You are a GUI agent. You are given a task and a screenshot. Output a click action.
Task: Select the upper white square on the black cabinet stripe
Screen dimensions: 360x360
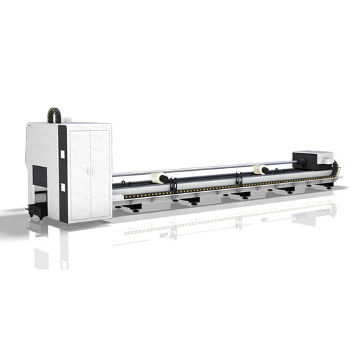[x=61, y=153]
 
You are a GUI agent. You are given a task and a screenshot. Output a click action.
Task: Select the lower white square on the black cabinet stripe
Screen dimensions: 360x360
[x=61, y=187]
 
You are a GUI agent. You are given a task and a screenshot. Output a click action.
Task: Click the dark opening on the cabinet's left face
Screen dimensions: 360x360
[x=41, y=177]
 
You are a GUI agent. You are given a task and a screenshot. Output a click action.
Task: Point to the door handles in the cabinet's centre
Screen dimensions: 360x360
[x=89, y=166]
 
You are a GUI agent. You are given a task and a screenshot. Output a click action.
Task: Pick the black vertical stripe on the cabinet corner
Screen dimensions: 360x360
[x=62, y=173]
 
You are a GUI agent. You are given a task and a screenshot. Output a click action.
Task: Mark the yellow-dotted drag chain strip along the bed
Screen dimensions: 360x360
[x=223, y=186]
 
